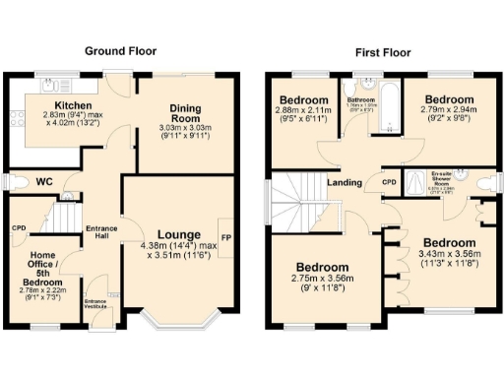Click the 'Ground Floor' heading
tap(121, 50)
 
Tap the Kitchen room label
tap(73, 104)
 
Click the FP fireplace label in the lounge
tap(226, 237)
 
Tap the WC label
tap(42, 182)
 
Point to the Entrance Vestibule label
tap(96, 303)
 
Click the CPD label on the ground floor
tap(18, 228)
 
